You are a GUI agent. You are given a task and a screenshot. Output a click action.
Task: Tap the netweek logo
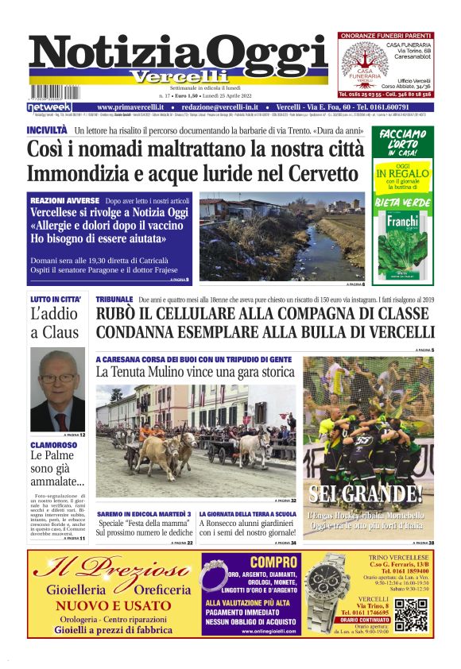click(x=49, y=106)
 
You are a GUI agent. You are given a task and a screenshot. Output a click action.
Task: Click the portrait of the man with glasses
click(x=58, y=389)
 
